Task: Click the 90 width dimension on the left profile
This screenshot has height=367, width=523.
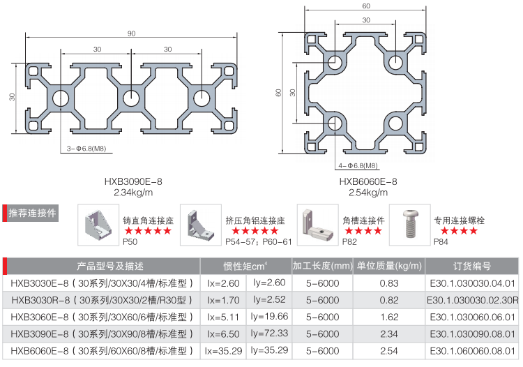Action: click(x=131, y=33)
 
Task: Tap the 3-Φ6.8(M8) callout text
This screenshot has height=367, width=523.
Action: click(x=86, y=149)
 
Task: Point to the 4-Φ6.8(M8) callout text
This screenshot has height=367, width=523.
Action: click(x=358, y=165)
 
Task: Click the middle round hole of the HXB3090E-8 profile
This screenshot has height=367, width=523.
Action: click(x=131, y=98)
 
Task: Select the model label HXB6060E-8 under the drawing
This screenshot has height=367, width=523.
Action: click(x=368, y=181)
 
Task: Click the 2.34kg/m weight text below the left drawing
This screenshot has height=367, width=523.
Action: click(x=133, y=193)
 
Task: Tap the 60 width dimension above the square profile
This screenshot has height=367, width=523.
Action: click(x=366, y=6)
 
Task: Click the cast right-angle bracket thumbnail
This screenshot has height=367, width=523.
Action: click(x=98, y=225)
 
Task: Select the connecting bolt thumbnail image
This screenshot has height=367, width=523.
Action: click(x=410, y=225)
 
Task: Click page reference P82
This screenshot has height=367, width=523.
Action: click(x=349, y=242)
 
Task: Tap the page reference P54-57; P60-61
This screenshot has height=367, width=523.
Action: click(x=259, y=242)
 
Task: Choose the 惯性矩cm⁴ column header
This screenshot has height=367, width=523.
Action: click(x=246, y=266)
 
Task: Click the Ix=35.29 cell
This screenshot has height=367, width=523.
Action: click(x=223, y=351)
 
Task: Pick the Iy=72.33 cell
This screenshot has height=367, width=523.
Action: click(x=269, y=334)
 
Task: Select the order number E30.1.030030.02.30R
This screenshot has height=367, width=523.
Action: click(x=472, y=300)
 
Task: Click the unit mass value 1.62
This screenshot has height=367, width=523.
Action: click(x=389, y=317)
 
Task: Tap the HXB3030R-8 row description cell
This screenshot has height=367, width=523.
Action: click(x=101, y=300)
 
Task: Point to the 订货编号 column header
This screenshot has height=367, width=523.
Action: click(x=472, y=266)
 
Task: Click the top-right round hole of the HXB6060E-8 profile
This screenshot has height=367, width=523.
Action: click(x=395, y=62)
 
